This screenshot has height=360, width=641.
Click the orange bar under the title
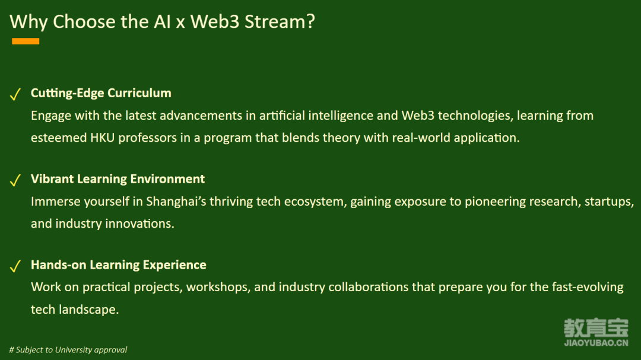tap(26, 41)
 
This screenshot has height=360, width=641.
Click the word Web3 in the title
tap(215, 22)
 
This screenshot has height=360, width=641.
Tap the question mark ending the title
tap(310, 22)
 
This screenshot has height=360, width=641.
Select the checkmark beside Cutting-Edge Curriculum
tap(15, 94)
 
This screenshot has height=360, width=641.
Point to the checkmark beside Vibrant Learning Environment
tap(15, 180)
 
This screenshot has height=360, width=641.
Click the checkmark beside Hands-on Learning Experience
tap(15, 266)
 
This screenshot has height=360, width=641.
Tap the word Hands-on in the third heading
tap(58, 265)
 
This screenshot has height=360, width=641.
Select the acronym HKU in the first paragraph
tap(102, 138)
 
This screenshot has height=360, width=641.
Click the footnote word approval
tap(110, 350)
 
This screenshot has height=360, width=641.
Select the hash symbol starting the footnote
tap(11, 350)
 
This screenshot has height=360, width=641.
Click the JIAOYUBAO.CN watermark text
tap(596, 343)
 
